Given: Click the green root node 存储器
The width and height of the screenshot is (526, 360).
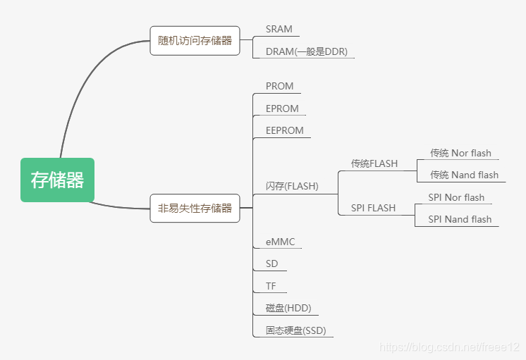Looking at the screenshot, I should tap(57, 180).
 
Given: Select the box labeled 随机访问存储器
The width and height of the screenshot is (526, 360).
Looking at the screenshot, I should tap(195, 40).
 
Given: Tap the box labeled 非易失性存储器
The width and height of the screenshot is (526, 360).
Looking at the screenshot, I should tap(195, 208).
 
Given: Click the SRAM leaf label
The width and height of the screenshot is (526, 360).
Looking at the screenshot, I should tap(279, 30).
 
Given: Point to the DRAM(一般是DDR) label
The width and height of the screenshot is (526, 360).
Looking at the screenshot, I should tap(306, 51).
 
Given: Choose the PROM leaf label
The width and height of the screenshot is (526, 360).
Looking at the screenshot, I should tap(279, 86).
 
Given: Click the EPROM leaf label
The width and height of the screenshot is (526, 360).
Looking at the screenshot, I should tap(282, 108).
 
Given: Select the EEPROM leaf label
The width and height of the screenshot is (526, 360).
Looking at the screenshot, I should tap(285, 130).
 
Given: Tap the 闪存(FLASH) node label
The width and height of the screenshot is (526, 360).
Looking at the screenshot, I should tap(292, 187).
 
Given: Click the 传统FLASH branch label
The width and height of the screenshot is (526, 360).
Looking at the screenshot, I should tap(374, 163).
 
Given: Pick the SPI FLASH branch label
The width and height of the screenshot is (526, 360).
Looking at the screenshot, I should tap(373, 208).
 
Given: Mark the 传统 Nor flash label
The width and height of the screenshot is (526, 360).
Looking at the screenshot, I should tap(460, 153).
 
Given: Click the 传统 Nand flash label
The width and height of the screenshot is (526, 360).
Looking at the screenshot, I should tap(464, 175).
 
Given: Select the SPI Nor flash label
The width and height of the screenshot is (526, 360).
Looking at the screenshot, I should tap(456, 197).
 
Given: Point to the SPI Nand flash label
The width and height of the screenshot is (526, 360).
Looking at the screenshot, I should tap(460, 219).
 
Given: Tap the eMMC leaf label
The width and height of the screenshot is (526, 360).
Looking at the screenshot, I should tap(280, 242).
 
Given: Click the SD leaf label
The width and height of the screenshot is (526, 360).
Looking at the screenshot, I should tap(271, 263).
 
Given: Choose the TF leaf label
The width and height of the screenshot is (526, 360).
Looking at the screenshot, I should tap(271, 286).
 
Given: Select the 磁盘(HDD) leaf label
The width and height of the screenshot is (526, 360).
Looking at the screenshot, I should tap(288, 308).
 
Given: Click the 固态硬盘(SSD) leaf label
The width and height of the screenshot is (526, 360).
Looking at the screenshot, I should tap(295, 330).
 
